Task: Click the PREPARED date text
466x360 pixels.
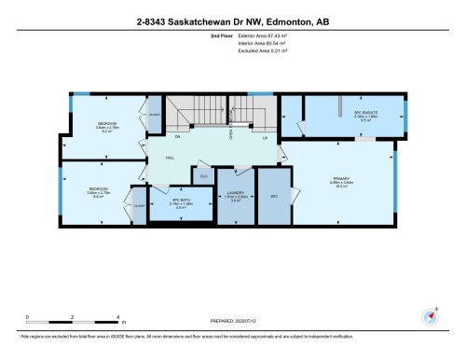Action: coord(233,318)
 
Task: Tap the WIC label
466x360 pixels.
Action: coord(274,197)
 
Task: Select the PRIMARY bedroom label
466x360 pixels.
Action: coord(342,179)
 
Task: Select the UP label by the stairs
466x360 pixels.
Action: coord(265,137)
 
